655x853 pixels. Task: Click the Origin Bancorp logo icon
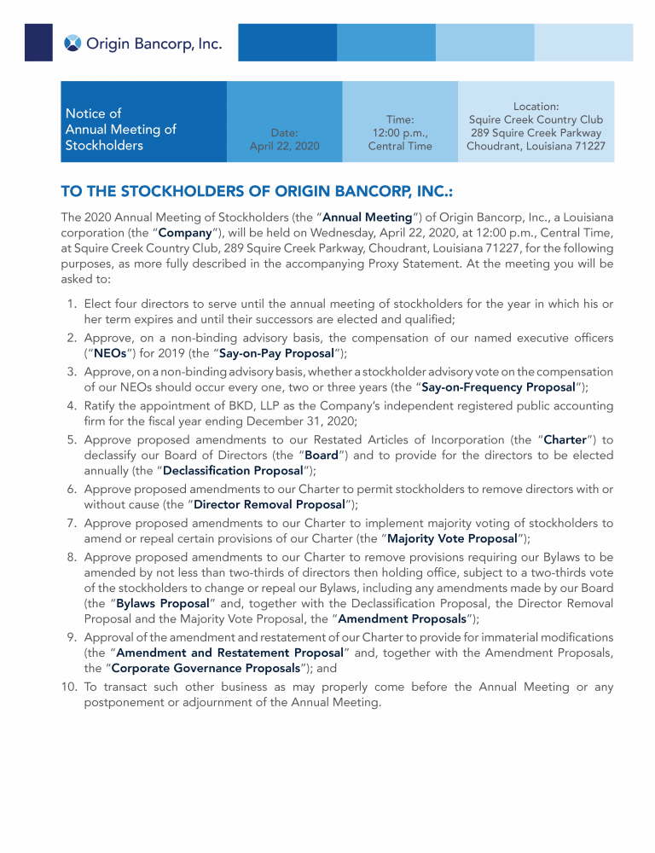click(73, 43)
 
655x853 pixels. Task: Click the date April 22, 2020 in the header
click(284, 146)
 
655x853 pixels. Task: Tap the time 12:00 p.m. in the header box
click(400, 133)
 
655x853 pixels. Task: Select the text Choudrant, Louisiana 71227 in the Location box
click(536, 146)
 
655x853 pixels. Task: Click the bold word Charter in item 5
click(565, 439)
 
